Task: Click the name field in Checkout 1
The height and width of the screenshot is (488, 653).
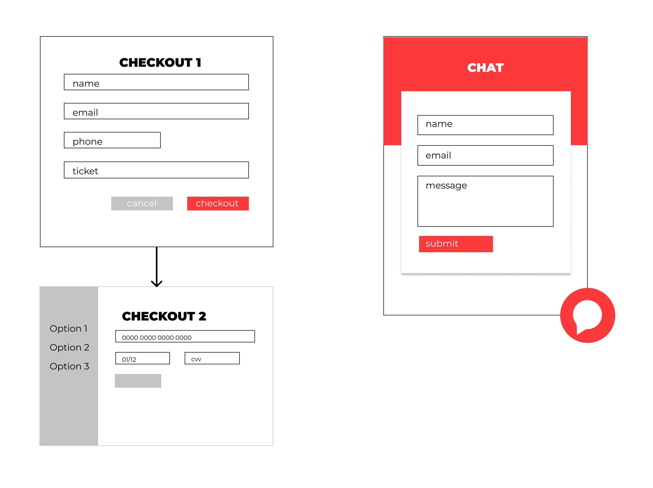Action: coord(156,82)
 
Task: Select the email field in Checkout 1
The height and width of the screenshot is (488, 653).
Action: coord(156,111)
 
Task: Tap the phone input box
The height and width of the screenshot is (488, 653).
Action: coord(112,140)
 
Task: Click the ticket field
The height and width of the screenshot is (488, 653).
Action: coord(156,170)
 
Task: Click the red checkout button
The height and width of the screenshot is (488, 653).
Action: coord(218,203)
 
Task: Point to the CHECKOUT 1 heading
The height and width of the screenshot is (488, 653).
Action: coord(160,62)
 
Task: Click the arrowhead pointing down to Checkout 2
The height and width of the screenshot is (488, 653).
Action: coord(156,284)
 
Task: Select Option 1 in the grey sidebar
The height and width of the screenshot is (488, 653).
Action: coord(68,328)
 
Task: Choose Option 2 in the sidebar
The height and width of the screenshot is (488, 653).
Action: coord(69,347)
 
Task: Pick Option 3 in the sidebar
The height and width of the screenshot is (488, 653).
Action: coord(69,366)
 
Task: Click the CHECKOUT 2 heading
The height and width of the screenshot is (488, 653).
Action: coord(164,316)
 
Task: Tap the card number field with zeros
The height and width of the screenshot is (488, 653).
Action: coord(185,336)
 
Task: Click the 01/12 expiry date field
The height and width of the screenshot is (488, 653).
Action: coord(143,358)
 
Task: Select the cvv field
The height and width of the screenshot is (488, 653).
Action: coord(212,358)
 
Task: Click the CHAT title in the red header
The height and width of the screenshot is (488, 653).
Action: coord(485,68)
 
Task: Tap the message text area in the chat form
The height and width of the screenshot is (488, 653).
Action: coord(485,201)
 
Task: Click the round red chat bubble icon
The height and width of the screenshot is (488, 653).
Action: coord(587,315)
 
